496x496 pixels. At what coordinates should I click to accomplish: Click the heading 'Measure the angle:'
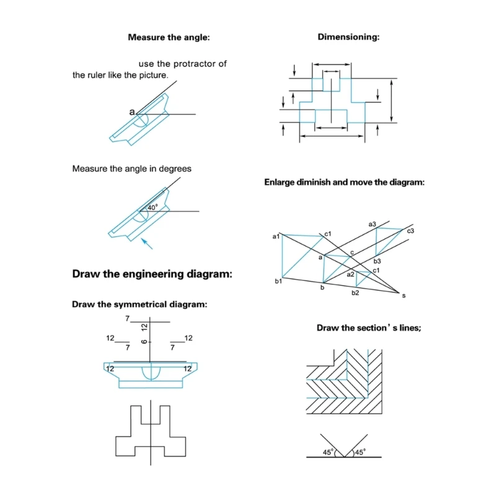click(x=169, y=37)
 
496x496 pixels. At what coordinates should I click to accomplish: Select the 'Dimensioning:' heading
click(x=348, y=37)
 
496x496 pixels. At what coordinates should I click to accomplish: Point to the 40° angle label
click(x=153, y=207)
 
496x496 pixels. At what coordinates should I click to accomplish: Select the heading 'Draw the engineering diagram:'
click(x=152, y=273)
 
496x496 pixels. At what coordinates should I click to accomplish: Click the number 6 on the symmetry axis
click(x=144, y=343)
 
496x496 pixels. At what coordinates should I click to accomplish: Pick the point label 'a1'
click(x=276, y=236)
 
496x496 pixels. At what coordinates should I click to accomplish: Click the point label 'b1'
click(x=278, y=281)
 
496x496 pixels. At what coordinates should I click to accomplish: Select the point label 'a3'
click(x=372, y=224)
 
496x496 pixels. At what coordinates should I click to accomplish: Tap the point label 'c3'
click(x=410, y=231)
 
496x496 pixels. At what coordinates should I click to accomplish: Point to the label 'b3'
click(x=377, y=261)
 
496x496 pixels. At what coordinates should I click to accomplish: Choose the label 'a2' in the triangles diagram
click(x=350, y=274)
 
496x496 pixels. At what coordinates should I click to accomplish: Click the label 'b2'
click(x=355, y=293)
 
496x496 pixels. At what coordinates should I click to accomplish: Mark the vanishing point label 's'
click(x=404, y=296)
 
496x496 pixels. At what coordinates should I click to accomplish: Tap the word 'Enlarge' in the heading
click(x=283, y=183)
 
